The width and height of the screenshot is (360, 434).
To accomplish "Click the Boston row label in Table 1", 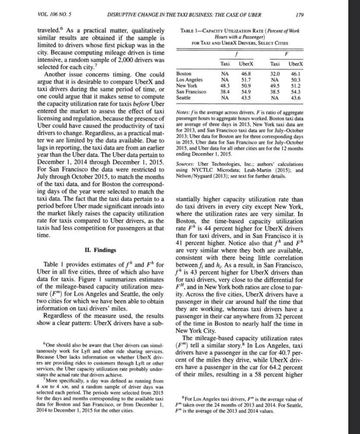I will click(x=184, y=74).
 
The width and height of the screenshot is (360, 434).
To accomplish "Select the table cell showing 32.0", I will click(x=274, y=74).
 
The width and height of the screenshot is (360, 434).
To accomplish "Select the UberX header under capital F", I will click(x=295, y=64).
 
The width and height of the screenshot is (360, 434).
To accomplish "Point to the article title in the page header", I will click(x=184, y=14).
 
